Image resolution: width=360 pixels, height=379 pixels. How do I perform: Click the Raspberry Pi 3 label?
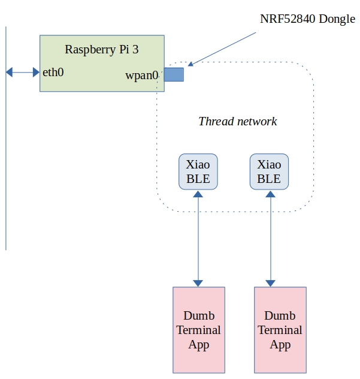point(101,50)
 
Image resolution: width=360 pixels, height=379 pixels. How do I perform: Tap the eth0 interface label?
point(53,73)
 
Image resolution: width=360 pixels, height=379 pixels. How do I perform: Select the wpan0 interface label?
point(141,76)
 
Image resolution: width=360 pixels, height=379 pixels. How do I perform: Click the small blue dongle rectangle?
point(174,74)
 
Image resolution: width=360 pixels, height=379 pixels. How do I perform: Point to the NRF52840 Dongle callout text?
point(307,19)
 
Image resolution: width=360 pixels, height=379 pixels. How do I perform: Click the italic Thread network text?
point(238,121)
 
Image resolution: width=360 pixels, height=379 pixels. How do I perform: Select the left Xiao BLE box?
point(198,172)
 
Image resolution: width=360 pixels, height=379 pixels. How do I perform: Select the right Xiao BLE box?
point(269,172)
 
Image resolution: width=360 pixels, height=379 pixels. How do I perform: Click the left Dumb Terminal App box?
point(198,329)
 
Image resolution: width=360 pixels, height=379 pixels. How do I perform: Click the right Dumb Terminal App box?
point(280,329)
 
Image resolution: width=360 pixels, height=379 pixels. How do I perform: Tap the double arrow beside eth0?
point(22,73)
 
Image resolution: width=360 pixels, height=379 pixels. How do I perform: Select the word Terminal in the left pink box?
point(198,330)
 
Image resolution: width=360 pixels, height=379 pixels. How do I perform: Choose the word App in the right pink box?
point(280,344)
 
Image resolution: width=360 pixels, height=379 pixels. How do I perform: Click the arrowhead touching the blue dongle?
point(190,64)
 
